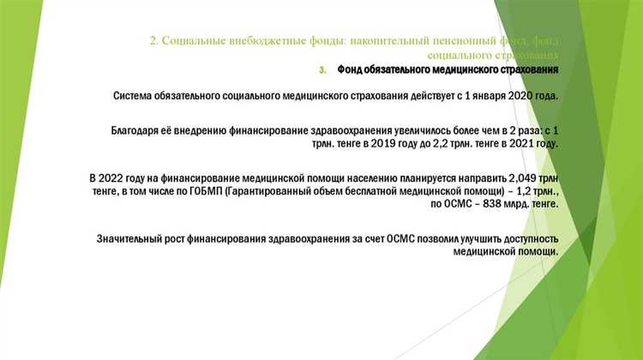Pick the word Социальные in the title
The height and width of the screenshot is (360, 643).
[191, 41]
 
